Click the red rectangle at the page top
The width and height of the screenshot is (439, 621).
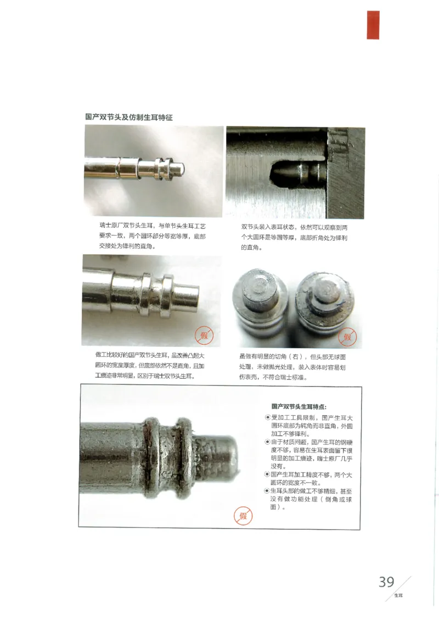tap(373, 25)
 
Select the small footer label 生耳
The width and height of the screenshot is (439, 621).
tap(398, 595)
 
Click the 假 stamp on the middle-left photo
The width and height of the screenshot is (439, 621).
tap(204, 334)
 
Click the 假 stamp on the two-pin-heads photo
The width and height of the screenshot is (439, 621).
tap(347, 336)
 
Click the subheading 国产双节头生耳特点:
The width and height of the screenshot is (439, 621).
tap(299, 407)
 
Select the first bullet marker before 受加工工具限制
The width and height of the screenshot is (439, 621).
tap(267, 418)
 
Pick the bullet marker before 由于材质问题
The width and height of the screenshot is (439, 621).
tap(267, 442)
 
